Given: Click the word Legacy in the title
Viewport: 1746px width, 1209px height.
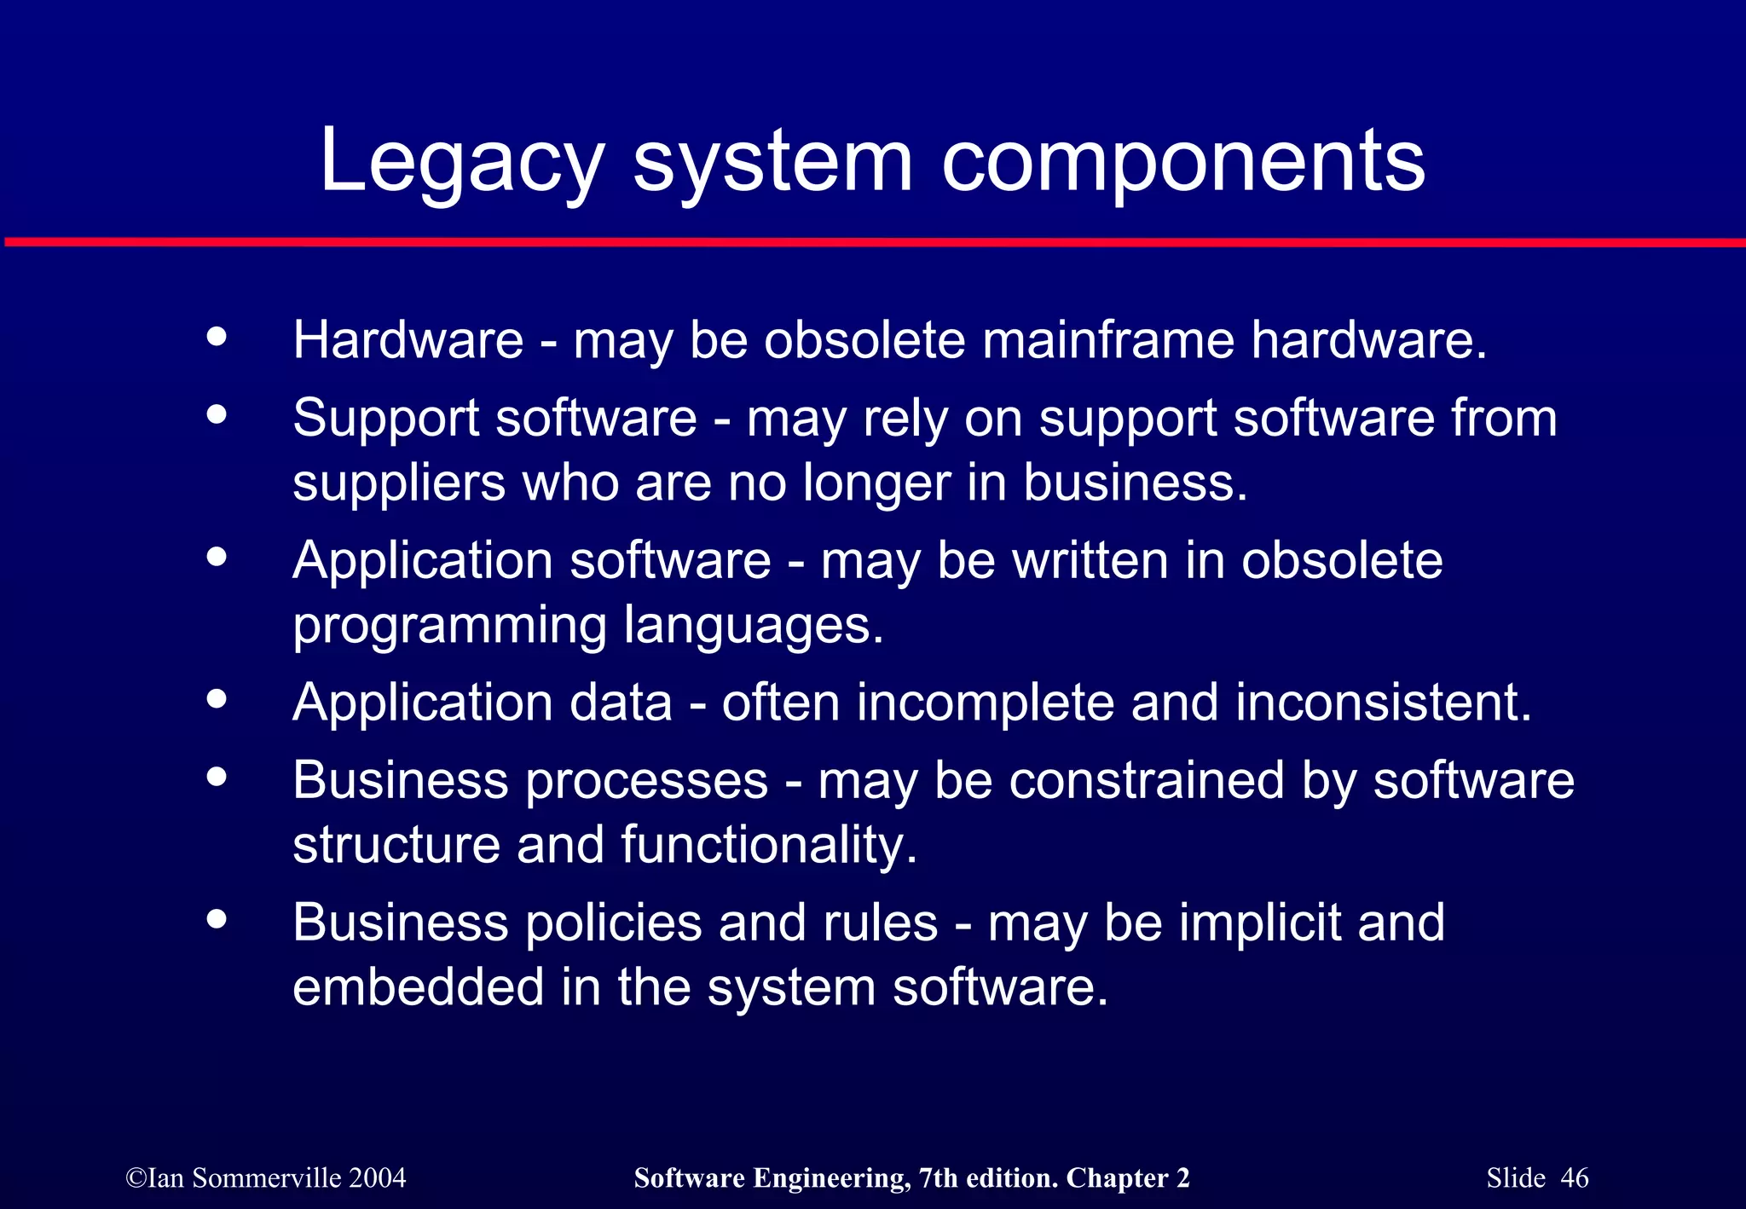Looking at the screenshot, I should (x=461, y=162).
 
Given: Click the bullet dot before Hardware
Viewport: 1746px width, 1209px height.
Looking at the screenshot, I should (x=217, y=336).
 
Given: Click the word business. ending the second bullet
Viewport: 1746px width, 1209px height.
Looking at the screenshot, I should (x=1135, y=483).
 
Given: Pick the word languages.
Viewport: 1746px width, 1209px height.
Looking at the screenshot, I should (x=753, y=627).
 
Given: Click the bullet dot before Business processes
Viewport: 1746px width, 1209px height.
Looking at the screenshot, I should (x=217, y=776).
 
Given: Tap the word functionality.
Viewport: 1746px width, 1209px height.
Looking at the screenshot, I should (x=768, y=845).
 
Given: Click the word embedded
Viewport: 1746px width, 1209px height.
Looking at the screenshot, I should (x=418, y=987).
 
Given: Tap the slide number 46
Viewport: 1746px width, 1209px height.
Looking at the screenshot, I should (x=1575, y=1178).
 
